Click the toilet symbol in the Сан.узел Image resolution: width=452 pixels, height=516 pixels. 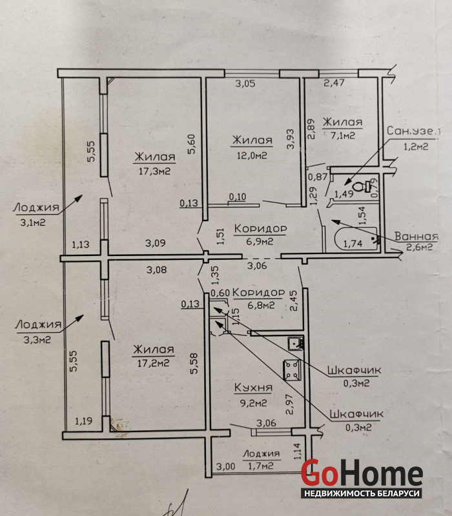[x=362, y=186]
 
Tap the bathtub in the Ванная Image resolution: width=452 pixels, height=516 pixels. [x=356, y=239]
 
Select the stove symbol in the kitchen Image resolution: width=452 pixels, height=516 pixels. [x=293, y=370]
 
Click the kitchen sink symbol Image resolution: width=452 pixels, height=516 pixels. [x=295, y=343]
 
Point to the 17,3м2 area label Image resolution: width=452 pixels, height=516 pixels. [x=154, y=171]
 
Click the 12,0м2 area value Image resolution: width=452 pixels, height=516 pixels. [x=252, y=155]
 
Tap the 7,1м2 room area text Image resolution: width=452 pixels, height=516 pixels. [x=343, y=135]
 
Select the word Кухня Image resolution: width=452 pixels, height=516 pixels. [x=253, y=388]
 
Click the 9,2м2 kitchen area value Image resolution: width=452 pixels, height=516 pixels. [x=253, y=402]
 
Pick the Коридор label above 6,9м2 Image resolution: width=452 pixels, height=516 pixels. [x=260, y=228]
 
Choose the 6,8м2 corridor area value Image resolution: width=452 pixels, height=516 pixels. [x=261, y=305]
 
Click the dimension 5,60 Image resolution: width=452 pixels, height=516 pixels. [x=192, y=144]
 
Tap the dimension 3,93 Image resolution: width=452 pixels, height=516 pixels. [x=290, y=139]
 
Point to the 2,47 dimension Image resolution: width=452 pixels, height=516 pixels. [x=334, y=83]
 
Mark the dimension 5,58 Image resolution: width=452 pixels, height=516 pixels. [x=194, y=364]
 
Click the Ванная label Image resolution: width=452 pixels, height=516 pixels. [x=416, y=236]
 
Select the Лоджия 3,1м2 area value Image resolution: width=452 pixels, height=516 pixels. [x=33, y=223]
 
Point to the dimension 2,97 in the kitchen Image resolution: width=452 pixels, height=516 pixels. [x=289, y=404]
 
